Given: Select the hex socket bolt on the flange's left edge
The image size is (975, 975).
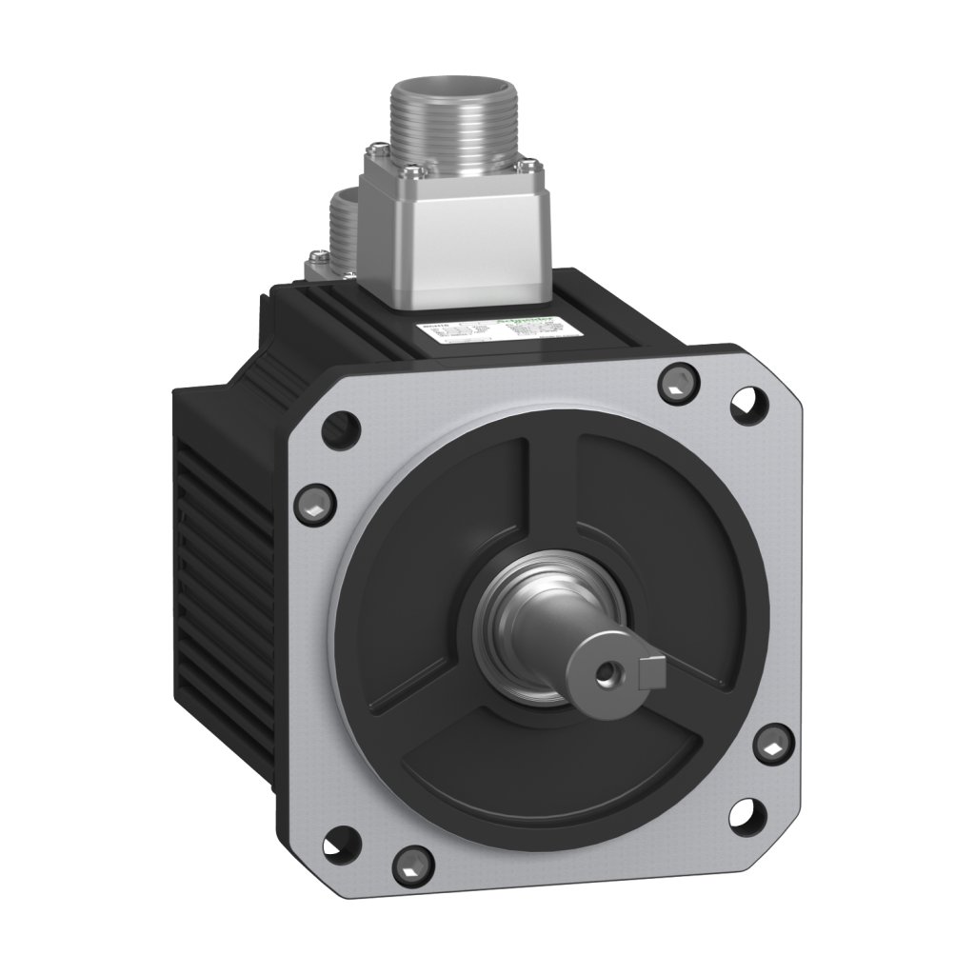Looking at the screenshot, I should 315,498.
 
